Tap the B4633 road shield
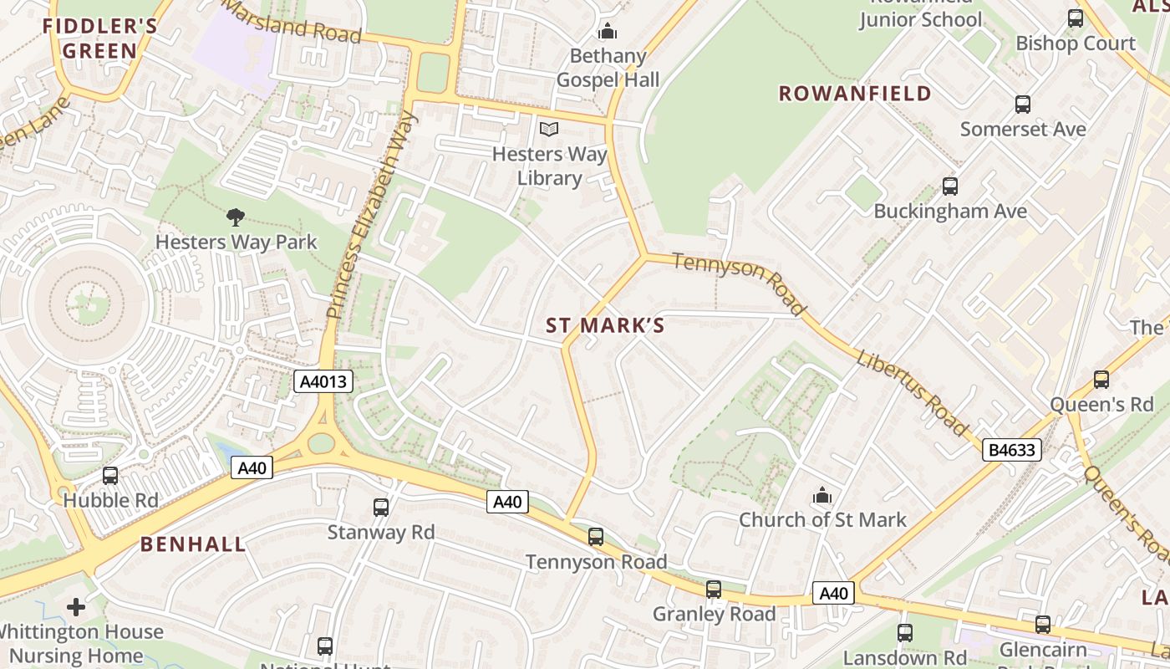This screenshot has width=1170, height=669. (x=1011, y=450)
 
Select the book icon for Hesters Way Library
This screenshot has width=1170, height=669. (x=548, y=129)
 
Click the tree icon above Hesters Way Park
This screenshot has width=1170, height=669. (x=236, y=217)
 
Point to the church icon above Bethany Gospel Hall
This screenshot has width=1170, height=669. (x=607, y=32)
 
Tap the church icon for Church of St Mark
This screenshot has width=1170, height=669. (x=822, y=496)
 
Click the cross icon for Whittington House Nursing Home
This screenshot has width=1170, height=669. (x=76, y=606)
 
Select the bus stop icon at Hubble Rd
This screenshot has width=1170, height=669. (x=110, y=476)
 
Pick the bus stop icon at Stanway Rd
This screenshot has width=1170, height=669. (x=381, y=507)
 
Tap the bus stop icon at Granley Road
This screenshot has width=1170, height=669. (x=714, y=590)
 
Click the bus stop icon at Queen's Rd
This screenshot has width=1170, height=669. (x=1101, y=380)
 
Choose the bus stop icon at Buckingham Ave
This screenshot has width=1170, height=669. (x=949, y=186)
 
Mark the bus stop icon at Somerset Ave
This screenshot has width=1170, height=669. (x=1023, y=105)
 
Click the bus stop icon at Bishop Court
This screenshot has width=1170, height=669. (x=1076, y=18)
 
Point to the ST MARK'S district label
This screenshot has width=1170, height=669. (x=605, y=325)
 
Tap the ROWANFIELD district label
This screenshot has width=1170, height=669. (x=855, y=93)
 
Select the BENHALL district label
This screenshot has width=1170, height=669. (x=193, y=544)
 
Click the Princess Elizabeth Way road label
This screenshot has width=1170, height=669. (x=370, y=215)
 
